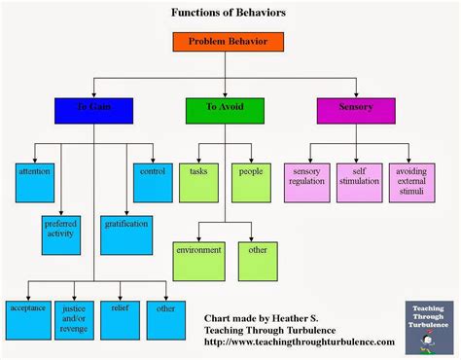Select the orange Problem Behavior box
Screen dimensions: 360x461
[227, 42]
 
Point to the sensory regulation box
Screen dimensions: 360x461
[306, 181]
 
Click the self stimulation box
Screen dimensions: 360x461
[359, 181]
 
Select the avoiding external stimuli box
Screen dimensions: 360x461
[412, 181]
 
